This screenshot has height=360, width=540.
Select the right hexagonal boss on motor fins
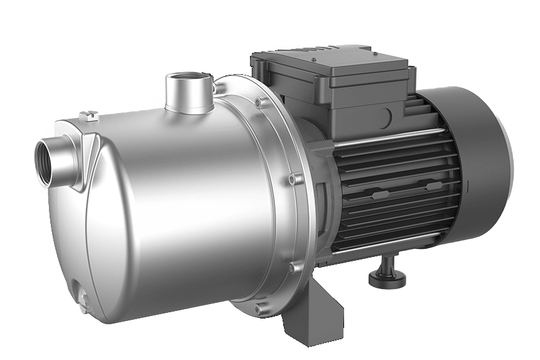[x=432, y=186]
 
